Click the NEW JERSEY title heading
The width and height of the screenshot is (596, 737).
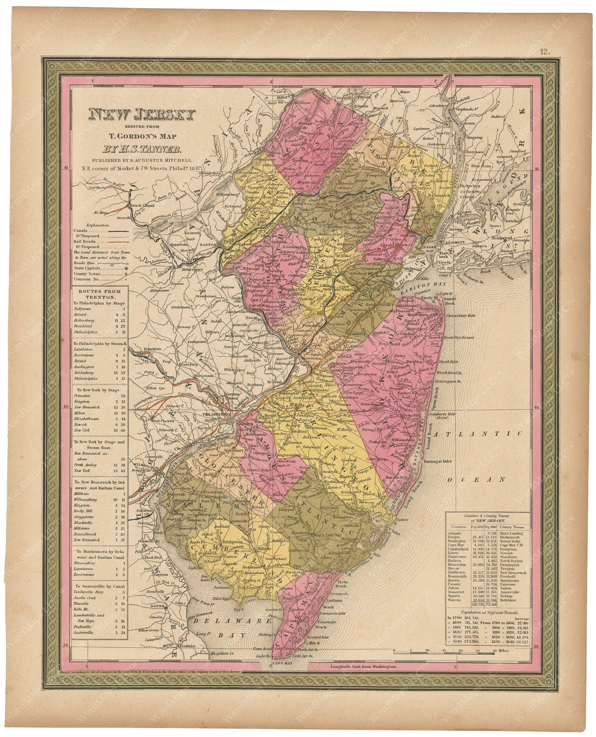142,115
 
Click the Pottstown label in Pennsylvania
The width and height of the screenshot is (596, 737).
138,349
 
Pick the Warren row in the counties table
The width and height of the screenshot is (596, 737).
458,609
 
